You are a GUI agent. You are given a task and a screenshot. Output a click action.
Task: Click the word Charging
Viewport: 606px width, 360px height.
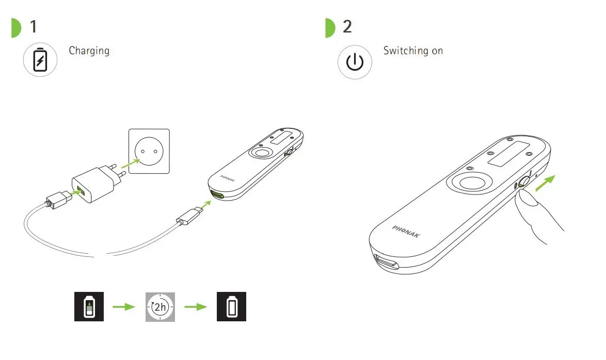(x=89, y=51)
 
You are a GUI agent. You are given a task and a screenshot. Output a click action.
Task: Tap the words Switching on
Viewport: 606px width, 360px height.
(x=413, y=51)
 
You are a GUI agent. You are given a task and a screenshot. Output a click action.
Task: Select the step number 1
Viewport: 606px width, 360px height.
(x=34, y=26)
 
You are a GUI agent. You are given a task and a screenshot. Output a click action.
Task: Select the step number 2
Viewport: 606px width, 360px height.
(x=347, y=26)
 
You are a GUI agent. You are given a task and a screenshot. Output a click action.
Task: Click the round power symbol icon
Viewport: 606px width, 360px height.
(x=354, y=62)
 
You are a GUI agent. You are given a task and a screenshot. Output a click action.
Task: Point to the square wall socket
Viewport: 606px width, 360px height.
(x=149, y=151)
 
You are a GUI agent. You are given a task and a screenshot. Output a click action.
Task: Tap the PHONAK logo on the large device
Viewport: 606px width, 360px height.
(x=406, y=232)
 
